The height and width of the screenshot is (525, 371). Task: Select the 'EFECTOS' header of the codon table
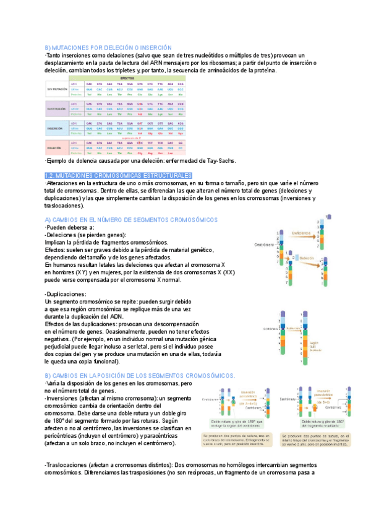click(x=127, y=79)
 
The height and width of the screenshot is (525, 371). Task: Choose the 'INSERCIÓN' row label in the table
click(x=57, y=129)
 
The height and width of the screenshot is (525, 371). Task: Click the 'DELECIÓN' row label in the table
click(x=57, y=149)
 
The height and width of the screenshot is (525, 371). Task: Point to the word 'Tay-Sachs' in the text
click(x=218, y=161)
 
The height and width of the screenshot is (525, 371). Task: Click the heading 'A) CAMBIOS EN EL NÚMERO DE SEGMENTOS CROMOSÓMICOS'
click(x=131, y=220)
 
